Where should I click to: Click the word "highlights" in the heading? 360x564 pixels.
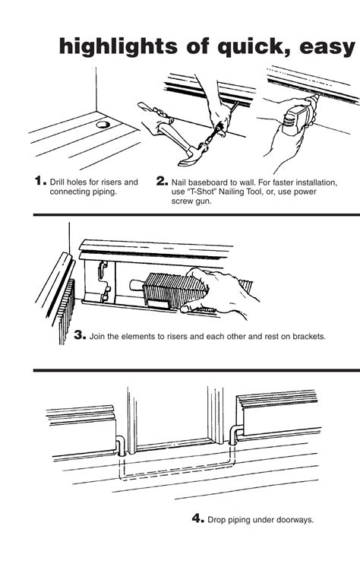pyautogui.click(x=118, y=47)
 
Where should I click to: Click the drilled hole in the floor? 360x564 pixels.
pyautogui.click(x=103, y=125)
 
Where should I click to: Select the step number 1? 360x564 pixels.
pyautogui.click(x=40, y=180)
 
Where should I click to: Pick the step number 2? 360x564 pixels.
pyautogui.click(x=162, y=181)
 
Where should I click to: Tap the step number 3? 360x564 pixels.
pyautogui.click(x=80, y=335)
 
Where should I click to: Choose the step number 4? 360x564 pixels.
pyautogui.click(x=198, y=518)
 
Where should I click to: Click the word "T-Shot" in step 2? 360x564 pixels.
pyautogui.click(x=202, y=192)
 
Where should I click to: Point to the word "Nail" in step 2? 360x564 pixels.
pyautogui.click(x=179, y=182)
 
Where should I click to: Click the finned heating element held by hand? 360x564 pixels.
pyautogui.click(x=173, y=290)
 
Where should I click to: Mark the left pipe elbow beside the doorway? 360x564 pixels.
pyautogui.click(x=121, y=445)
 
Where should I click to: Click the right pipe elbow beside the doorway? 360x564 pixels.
pyautogui.click(x=235, y=434)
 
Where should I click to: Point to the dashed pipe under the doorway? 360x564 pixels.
pyautogui.click(x=177, y=471)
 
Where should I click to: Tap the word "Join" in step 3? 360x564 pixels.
pyautogui.click(x=97, y=337)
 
